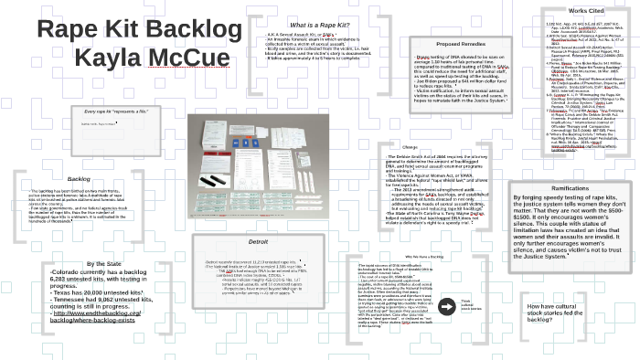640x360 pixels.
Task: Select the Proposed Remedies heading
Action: click(x=461, y=44)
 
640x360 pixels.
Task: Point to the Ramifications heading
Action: click(x=570, y=188)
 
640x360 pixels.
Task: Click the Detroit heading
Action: click(x=259, y=242)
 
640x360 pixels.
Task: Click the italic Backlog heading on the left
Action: click(x=79, y=179)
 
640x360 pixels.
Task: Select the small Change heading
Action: click(x=409, y=147)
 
